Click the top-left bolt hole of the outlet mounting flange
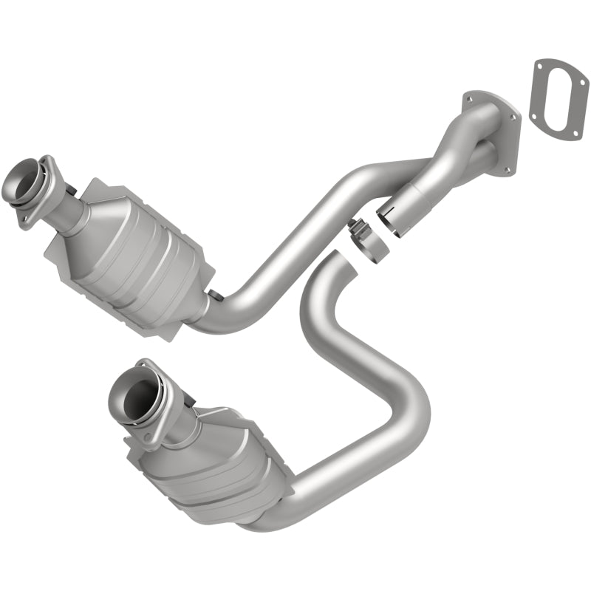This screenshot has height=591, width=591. [x=468, y=98]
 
